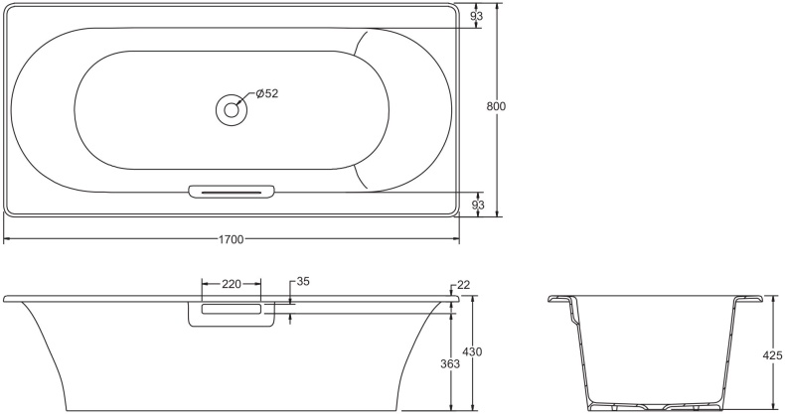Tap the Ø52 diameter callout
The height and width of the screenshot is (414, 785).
point(266,93)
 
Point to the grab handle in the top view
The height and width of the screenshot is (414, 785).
point(230,191)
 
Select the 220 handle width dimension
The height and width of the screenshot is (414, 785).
point(231,284)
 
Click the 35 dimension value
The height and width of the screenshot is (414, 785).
point(303,282)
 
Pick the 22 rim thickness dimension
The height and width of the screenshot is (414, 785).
point(464,286)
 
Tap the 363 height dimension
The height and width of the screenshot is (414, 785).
point(449,364)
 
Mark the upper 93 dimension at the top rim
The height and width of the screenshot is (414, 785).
point(478,16)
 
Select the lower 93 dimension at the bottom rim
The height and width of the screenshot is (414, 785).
point(478,205)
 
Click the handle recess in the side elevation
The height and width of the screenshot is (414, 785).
point(231,311)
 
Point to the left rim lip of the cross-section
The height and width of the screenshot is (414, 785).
point(562,301)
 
